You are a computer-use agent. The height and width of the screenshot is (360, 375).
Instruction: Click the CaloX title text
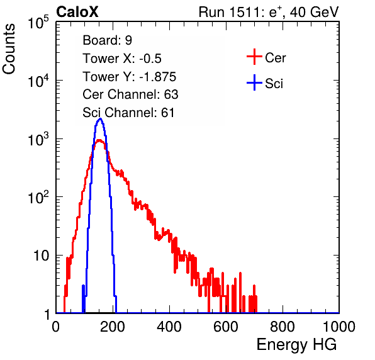coord(77,12)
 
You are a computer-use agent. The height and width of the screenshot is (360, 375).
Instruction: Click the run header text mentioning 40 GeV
coord(269,12)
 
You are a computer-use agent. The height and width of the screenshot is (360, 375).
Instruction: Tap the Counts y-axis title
coord(9,49)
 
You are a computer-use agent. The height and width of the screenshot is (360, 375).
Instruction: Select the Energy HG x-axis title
coord(296,345)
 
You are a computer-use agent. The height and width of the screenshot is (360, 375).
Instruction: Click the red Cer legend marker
coord(254,57)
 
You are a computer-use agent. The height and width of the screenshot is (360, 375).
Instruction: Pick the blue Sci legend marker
coord(254,82)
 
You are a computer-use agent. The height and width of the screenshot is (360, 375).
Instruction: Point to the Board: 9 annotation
coord(108,40)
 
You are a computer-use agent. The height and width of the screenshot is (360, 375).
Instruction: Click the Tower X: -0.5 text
coord(122,59)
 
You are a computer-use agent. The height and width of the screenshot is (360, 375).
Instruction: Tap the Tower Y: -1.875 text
coord(130,77)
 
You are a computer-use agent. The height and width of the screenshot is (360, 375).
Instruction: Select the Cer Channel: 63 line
coord(130,94)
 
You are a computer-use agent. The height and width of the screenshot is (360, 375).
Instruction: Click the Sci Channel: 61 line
coord(128,113)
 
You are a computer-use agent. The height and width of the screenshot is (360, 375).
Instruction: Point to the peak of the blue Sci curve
coord(100,119)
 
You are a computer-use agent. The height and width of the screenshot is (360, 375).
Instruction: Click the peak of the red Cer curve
coord(99,140)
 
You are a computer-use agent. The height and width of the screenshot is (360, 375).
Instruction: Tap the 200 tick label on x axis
coord(113,327)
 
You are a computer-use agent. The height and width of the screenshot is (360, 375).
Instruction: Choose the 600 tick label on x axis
coord(226,327)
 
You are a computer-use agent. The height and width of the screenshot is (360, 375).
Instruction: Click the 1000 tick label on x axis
coord(339,327)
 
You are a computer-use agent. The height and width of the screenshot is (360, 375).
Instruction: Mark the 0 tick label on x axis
coord(56,327)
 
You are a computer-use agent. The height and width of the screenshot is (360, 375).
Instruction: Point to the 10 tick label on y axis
coord(42,256)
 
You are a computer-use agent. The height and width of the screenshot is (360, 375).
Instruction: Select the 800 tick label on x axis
coord(283,327)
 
